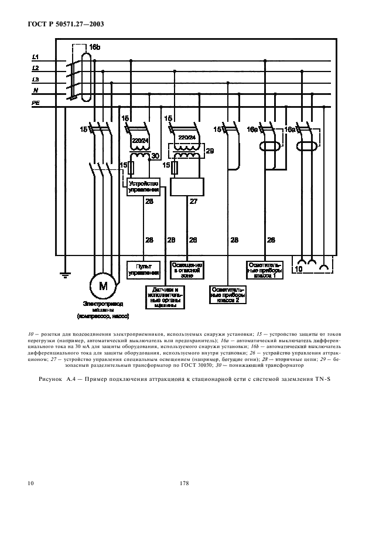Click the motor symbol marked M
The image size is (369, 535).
104,286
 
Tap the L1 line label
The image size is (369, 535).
35,57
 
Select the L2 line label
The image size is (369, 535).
35,68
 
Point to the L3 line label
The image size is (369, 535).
35,79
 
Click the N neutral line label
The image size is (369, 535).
36,90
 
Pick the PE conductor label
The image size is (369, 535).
35,103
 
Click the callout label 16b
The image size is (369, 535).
95,46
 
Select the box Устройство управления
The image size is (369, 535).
143,187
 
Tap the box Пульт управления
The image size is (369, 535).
143,270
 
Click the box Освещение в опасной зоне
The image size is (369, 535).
187,269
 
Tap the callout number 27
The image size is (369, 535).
192,201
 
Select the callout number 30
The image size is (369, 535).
155,156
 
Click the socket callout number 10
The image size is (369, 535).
299,269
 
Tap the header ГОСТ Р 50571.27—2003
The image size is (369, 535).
61,25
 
